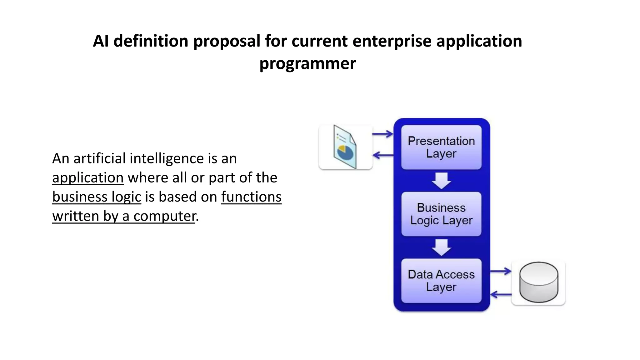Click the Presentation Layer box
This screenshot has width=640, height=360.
[x=441, y=147]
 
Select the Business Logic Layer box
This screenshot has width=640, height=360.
[x=441, y=214]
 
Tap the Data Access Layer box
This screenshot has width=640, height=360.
[x=441, y=281]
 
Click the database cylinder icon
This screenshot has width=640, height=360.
[x=538, y=282]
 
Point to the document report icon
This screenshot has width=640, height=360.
[x=345, y=147]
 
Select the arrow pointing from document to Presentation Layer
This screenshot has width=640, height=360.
[x=382, y=134]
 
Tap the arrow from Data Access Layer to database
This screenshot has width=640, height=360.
[x=500, y=271]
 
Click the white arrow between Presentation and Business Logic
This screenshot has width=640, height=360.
[x=441, y=181]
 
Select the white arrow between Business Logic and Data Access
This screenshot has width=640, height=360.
[x=441, y=247]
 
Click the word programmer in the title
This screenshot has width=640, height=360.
[x=307, y=63]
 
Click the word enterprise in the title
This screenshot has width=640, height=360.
[x=392, y=41]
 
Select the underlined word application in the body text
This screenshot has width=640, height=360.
[x=88, y=178]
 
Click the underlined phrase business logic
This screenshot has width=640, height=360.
[x=97, y=197]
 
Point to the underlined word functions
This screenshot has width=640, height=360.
[x=251, y=197]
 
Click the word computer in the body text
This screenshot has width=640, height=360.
[x=164, y=216]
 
